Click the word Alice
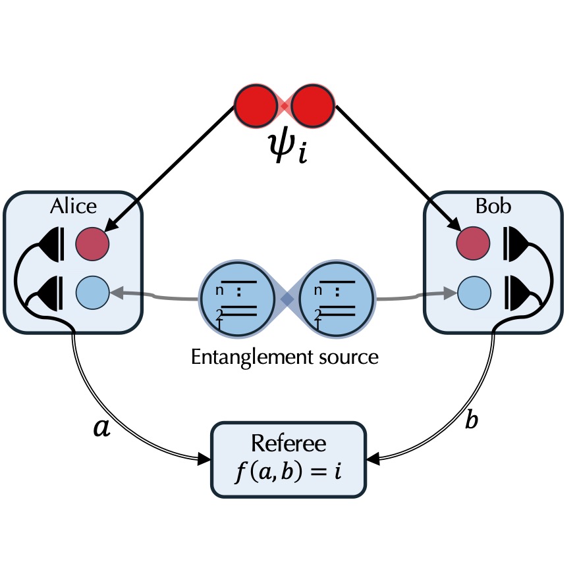[x=73, y=206]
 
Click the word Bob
[x=493, y=206]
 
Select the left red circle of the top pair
[x=256, y=106]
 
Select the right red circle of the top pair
[x=313, y=106]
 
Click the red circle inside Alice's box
[x=92, y=243]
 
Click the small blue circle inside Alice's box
[x=92, y=292]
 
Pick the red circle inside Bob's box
[x=473, y=243]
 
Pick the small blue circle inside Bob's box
[x=474, y=292]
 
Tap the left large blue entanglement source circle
[x=237, y=298]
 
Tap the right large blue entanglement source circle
[x=337, y=298]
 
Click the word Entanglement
[x=252, y=357]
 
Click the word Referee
[x=288, y=443]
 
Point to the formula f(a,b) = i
[x=288, y=471]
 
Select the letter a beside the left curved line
[x=101, y=428]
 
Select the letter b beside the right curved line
[x=472, y=420]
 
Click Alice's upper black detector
[x=52, y=245]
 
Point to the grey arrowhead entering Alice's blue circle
[x=117, y=292]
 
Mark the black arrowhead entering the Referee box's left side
[x=204, y=459]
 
